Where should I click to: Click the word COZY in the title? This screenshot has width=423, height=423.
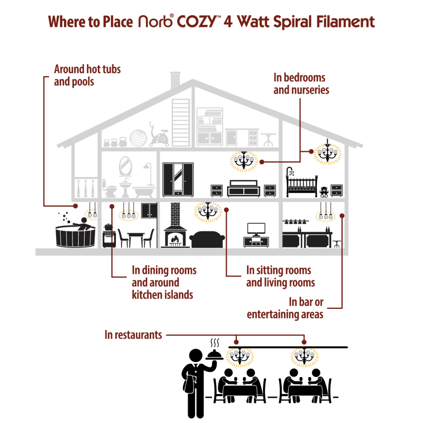pyautogui.click(x=197, y=22)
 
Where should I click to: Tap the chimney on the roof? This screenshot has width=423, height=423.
pyautogui.click(x=176, y=80)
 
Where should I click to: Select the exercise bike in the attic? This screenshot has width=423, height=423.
pyautogui.click(x=159, y=134)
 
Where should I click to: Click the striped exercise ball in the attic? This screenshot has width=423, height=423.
pyautogui.click(x=139, y=138)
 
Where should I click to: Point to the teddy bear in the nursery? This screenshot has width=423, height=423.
pyautogui.click(x=324, y=192)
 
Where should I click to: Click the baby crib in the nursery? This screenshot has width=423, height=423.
pyautogui.click(x=301, y=183)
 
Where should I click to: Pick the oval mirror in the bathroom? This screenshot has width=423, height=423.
pyautogui.click(x=125, y=166)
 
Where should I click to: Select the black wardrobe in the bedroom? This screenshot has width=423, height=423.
pyautogui.click(x=178, y=180)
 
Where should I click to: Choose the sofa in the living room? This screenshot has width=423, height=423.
pyautogui.click(x=207, y=240)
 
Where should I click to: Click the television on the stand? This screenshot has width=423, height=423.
pyautogui.click(x=256, y=229)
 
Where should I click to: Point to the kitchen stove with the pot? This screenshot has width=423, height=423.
pyautogui.click(x=109, y=235)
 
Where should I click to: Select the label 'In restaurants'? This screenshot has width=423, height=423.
pyautogui.click(x=133, y=335)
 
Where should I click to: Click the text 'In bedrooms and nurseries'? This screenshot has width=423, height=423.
pyautogui.click(x=301, y=84)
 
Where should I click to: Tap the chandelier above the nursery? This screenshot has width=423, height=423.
pyautogui.click(x=327, y=153)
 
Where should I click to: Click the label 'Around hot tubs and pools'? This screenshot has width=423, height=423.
pyautogui.click(x=87, y=75)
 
